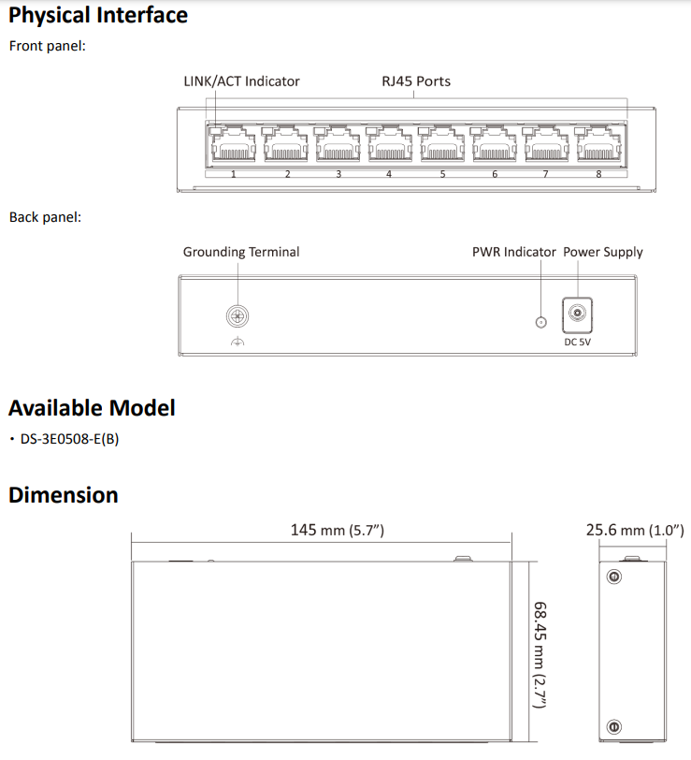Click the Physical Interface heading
pos(98,16)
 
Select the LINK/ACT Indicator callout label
pos(241,81)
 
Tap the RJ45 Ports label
pos(416,81)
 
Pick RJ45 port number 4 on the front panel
pos(387,147)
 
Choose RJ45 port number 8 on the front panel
pos(596,147)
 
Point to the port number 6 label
pos(495,175)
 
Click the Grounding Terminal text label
pos(241,252)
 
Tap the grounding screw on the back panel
pos(237,316)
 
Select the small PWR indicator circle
pos(540,323)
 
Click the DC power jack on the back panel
pos(577,314)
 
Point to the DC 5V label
pos(577,343)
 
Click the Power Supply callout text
pos(603,252)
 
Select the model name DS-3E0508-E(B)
pos(69,439)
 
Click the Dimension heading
pos(64,495)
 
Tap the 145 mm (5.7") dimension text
pos(338,531)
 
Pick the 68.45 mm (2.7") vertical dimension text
pos(540,653)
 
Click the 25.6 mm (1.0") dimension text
pos(635,531)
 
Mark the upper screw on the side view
pos(613,577)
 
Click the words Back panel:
pos(46,217)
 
